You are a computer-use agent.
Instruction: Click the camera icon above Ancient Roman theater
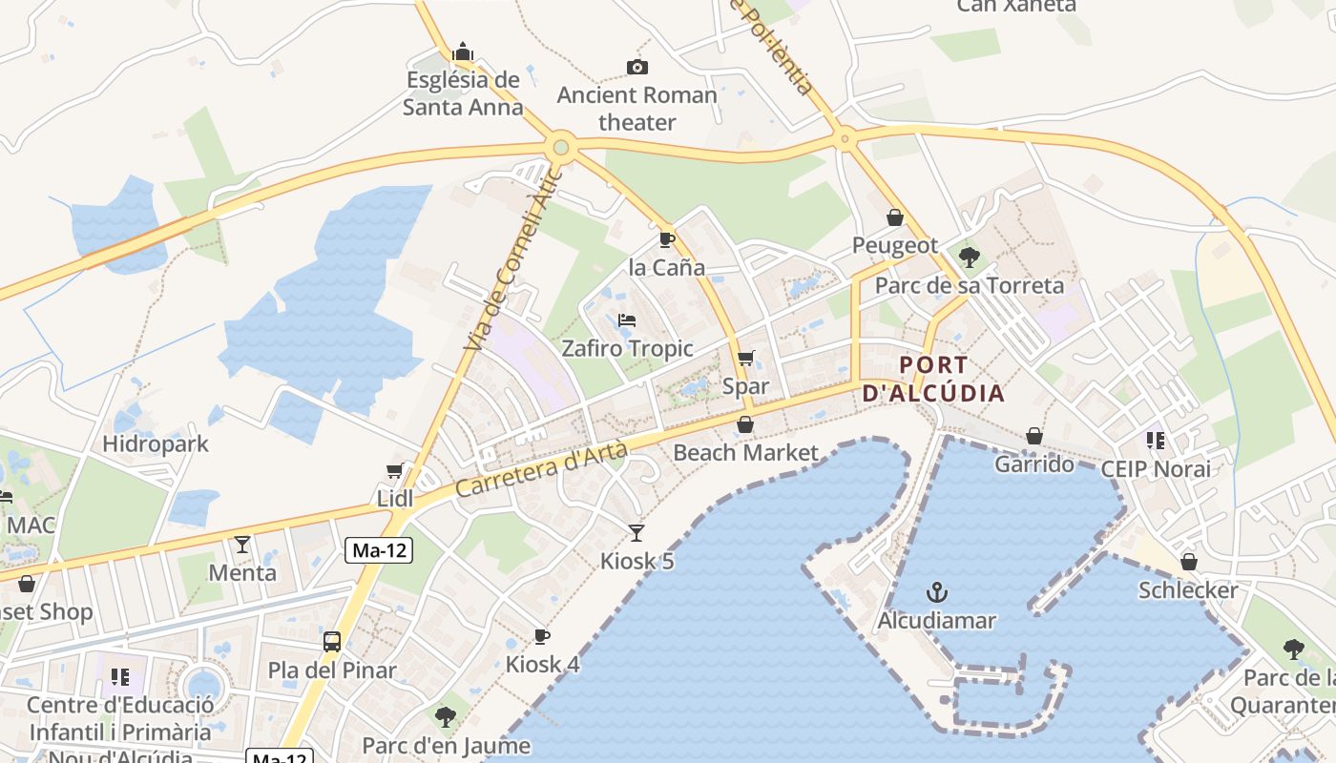coord(637,67)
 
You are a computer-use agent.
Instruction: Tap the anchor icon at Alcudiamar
coord(937,592)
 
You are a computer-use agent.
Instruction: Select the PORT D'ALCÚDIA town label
coord(933,379)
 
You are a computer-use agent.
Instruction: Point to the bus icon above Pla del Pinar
coord(332,641)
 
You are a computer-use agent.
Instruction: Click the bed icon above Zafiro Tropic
coord(627,320)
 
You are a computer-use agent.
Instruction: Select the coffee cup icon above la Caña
coord(666,238)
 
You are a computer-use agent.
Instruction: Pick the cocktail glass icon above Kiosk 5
coord(637,532)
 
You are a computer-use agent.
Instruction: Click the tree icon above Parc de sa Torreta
coord(970,257)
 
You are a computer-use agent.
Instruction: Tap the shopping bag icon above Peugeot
coord(895,217)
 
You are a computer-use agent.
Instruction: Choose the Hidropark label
coord(156,443)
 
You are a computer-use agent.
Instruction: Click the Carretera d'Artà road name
coord(542,469)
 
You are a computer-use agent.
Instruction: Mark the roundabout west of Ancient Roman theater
coord(560,148)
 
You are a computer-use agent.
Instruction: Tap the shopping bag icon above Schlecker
coord(1189,562)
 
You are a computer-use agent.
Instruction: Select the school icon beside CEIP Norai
coord(1156,441)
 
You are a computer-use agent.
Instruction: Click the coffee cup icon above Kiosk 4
coord(542,636)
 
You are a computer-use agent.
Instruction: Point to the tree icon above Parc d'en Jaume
coord(445,716)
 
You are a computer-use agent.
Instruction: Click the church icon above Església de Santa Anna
coord(463,52)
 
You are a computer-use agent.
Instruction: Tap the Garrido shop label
coord(1034,464)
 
